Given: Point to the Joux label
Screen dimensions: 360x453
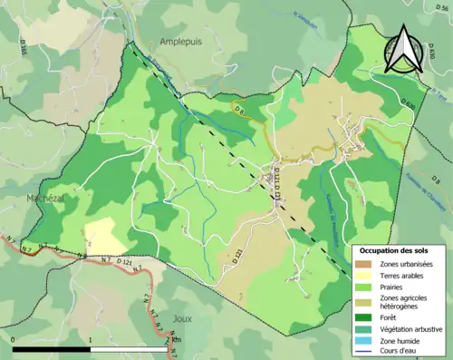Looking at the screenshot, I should pyautogui.click(x=181, y=319).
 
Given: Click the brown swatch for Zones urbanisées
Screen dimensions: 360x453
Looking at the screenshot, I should pyautogui.click(x=365, y=264).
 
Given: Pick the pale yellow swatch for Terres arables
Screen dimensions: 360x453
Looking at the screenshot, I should pyautogui.click(x=365, y=276).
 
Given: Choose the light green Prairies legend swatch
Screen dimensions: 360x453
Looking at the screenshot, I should pyautogui.click(x=365, y=287).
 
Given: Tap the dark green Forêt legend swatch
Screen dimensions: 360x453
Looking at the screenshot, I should pyautogui.click(x=365, y=317).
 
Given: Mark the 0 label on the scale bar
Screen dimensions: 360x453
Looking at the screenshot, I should pyautogui.click(x=14, y=340).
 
